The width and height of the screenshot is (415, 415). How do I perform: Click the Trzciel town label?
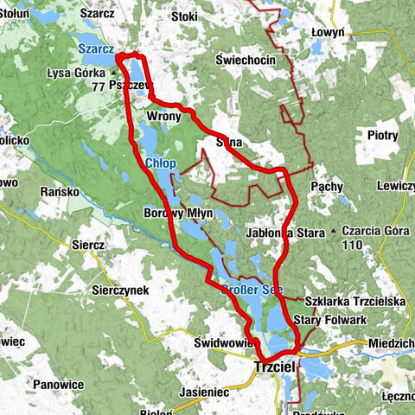275,368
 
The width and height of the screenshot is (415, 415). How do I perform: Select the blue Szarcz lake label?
95,49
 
